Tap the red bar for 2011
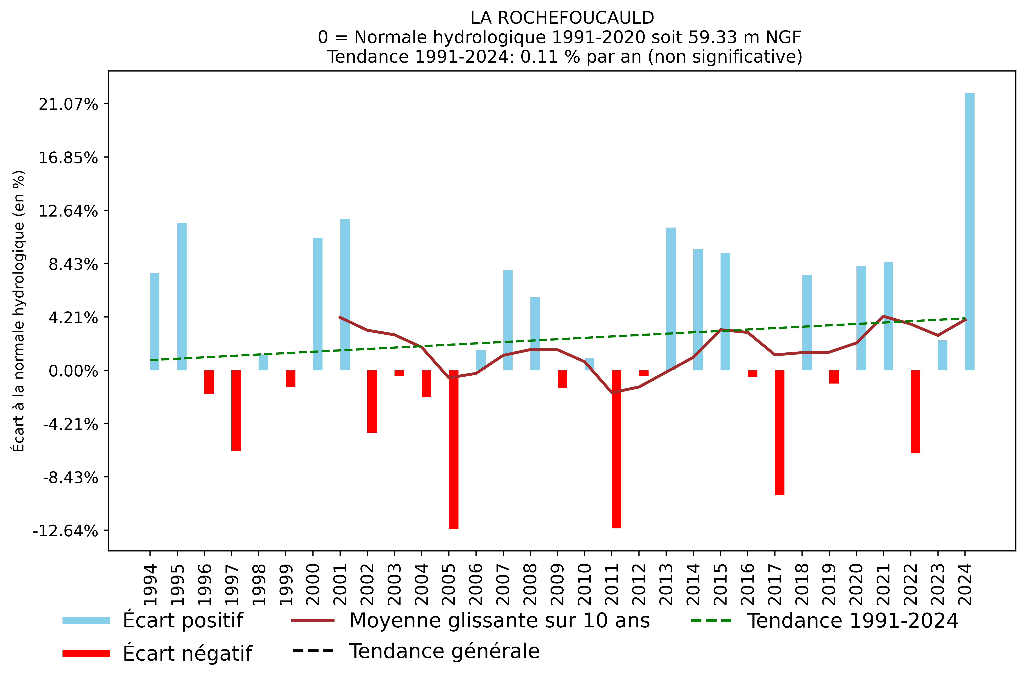point(616,449)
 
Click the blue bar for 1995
point(182,296)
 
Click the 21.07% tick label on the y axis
point(68,105)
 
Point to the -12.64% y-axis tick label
point(65,531)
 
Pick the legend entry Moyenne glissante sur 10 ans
point(499,620)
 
